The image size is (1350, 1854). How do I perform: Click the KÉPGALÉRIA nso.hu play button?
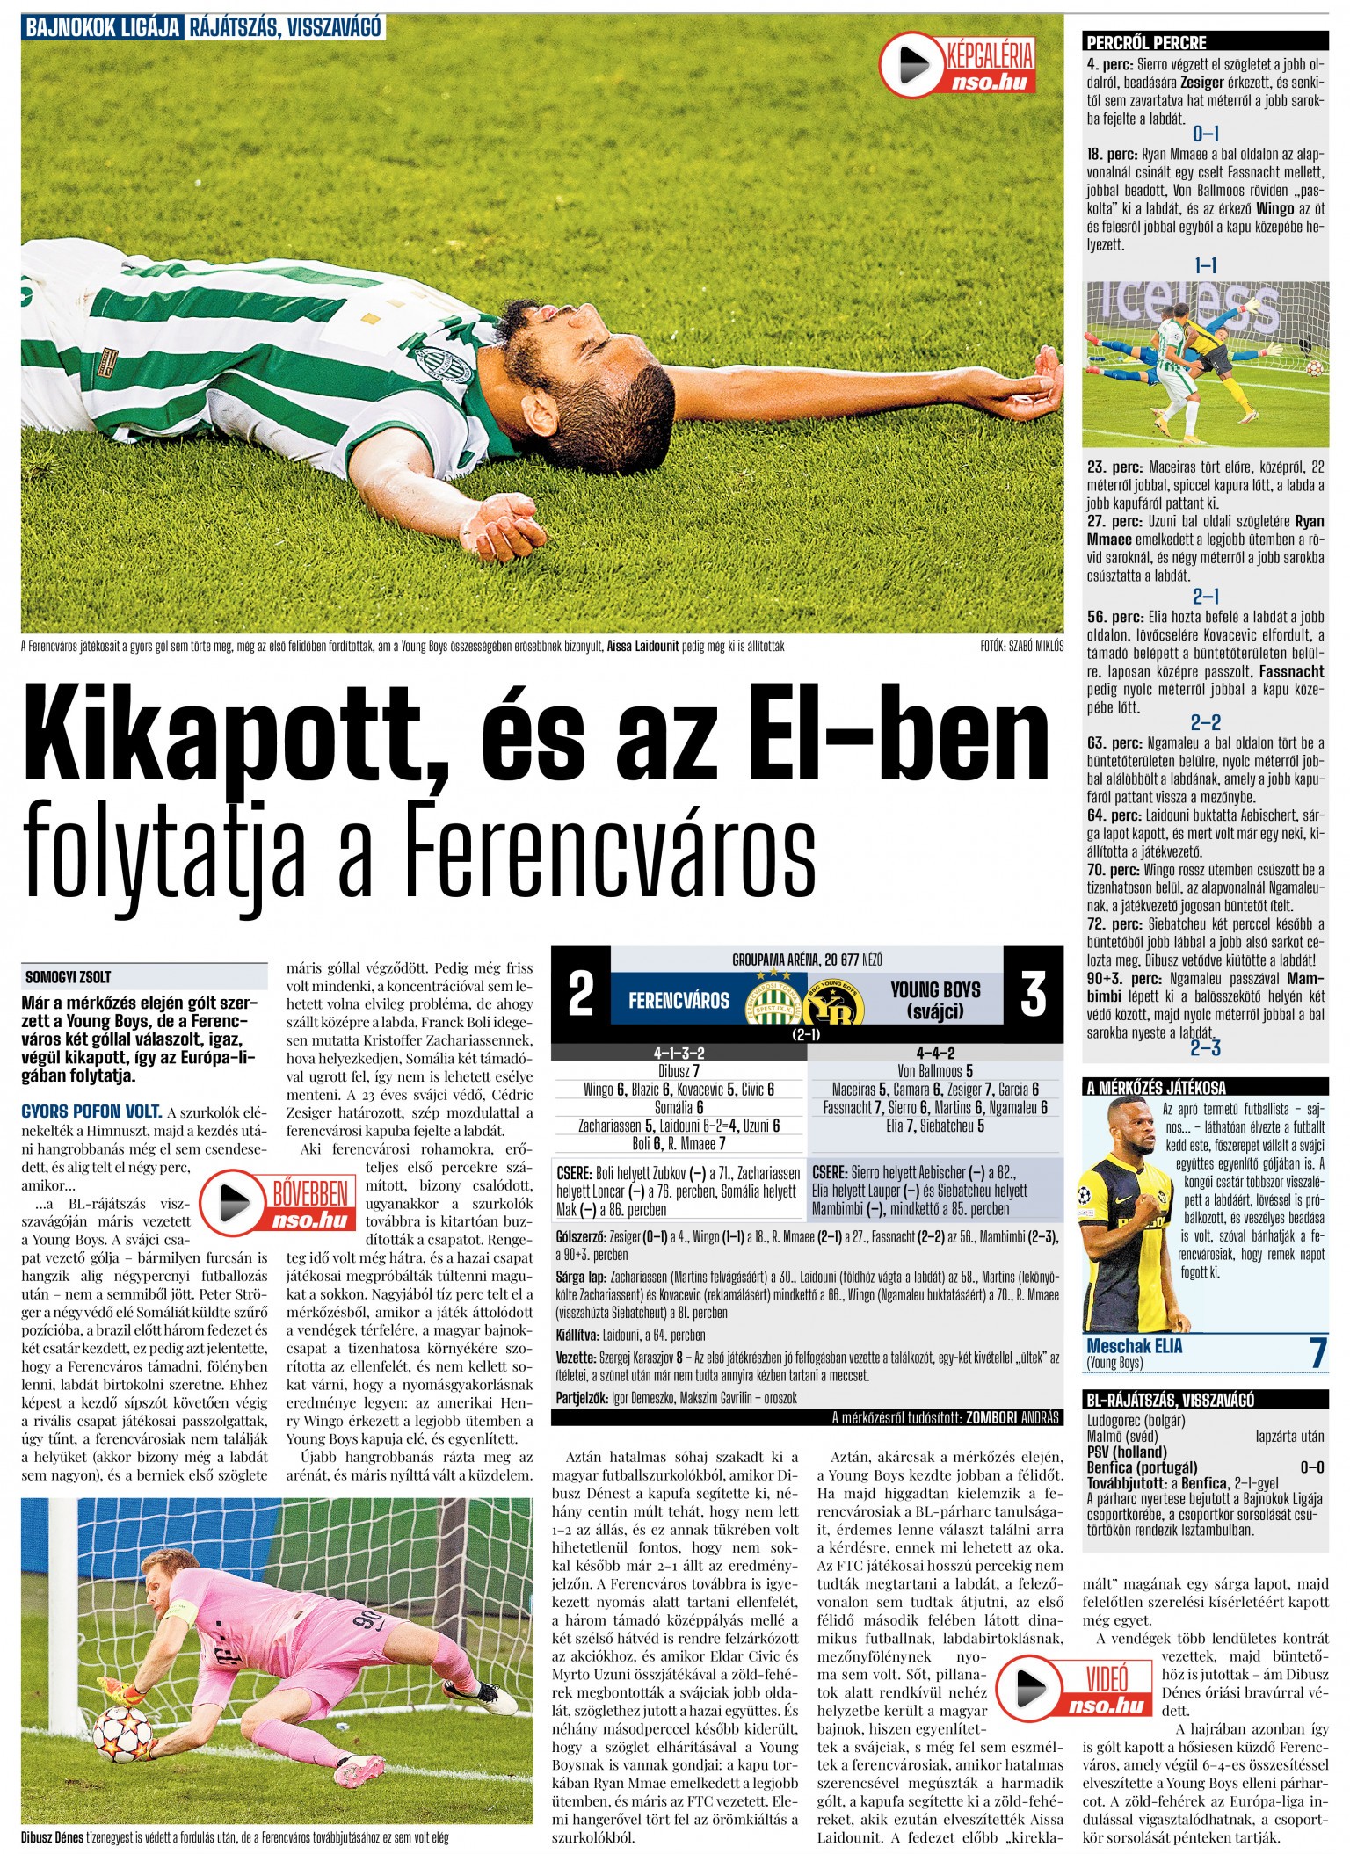click(909, 66)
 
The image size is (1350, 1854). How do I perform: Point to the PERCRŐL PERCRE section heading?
click(1147, 42)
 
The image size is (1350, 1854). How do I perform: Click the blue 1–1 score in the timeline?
click(1205, 265)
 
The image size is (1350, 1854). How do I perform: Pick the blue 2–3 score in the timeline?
click(1205, 1048)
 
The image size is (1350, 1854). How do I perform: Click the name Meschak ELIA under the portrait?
click(1134, 1346)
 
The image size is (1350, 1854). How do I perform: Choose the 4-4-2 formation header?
click(934, 1053)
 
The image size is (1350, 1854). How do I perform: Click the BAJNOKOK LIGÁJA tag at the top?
click(103, 27)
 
